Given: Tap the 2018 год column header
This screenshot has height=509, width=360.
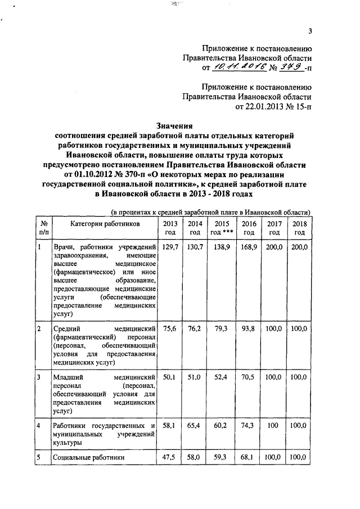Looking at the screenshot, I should (299, 228).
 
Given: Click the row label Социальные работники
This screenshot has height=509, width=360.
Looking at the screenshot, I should (88, 459).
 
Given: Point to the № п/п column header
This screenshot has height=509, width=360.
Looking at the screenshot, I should (43, 228).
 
